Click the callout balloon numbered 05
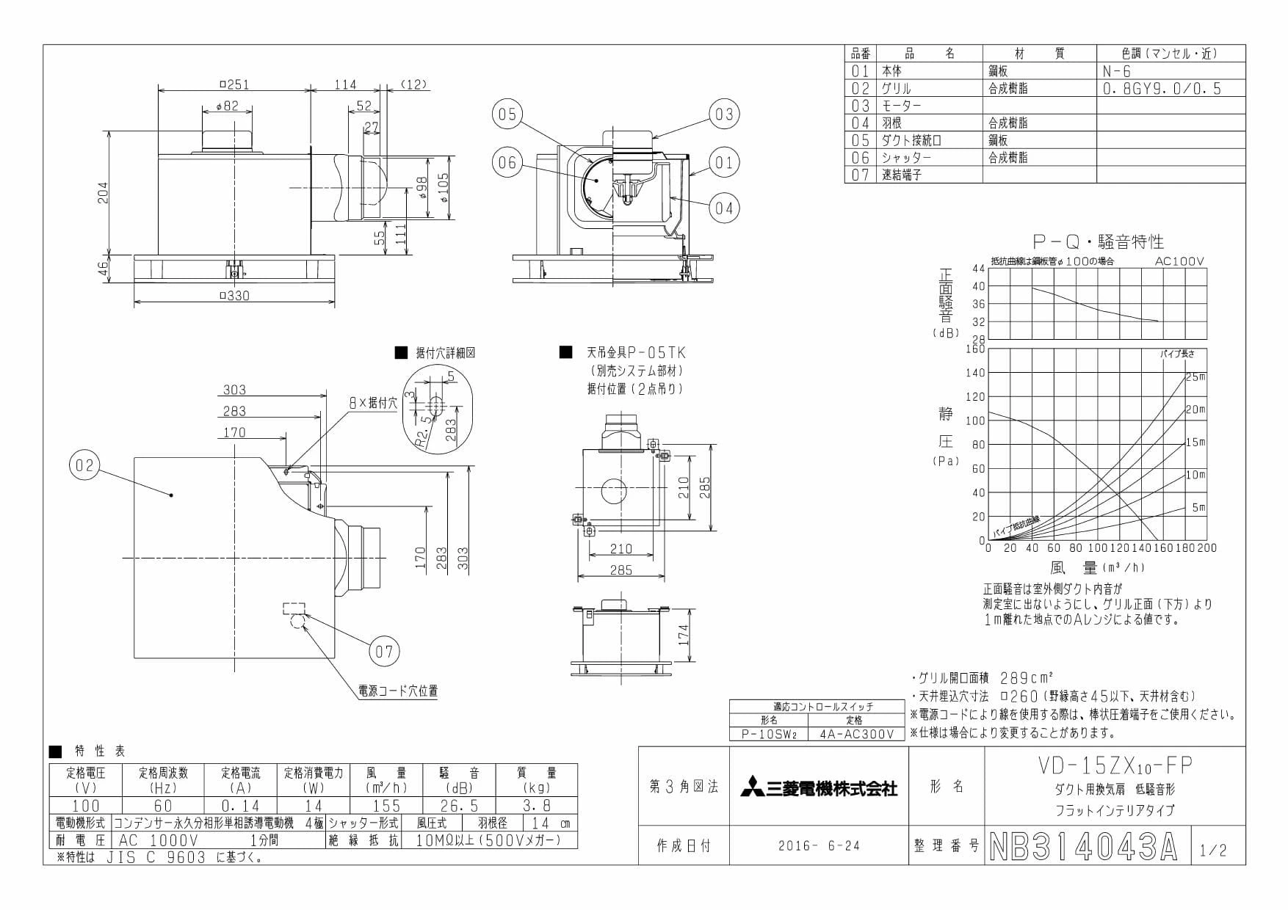pos(507,114)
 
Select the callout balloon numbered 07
pos(385,651)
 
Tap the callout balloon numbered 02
pos(85,466)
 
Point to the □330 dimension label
pos(235,296)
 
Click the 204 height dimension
pos(104,193)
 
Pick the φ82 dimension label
pos(228,106)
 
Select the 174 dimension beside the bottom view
pos(684,636)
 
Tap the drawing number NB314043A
pos(1083,847)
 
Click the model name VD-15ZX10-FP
pos(1115,765)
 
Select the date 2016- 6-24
pos(819,846)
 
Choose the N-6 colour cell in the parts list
pos(1118,71)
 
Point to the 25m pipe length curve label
pos(1195,376)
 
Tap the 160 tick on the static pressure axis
pos(975,349)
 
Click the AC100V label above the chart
pos(1179,261)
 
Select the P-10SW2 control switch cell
pos(768,734)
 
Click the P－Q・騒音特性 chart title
pos(1098,241)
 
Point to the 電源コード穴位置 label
pos(398,691)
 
